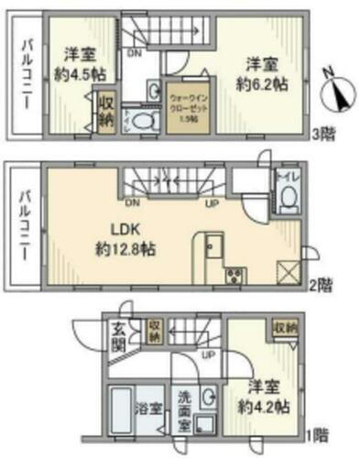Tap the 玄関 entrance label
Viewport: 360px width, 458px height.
tap(120, 336)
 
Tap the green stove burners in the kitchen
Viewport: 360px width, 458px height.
tap(231, 275)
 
